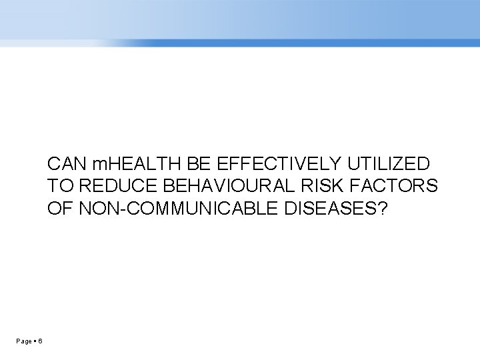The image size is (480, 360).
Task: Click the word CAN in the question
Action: [x=65, y=164]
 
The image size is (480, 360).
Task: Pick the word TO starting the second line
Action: [x=58, y=187]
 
